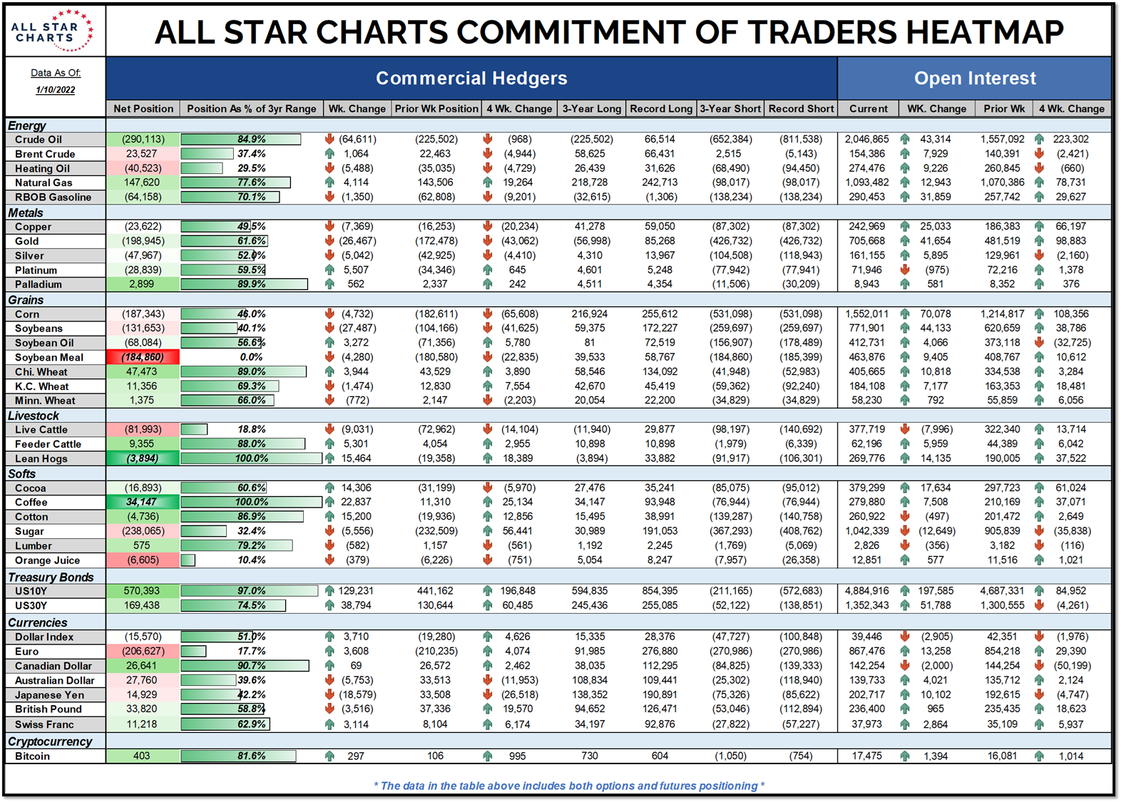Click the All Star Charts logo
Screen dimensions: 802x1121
point(52,30)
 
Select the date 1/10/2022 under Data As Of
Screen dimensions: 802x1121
point(55,90)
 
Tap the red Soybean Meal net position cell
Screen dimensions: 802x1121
point(143,357)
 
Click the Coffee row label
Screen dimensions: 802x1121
point(31,502)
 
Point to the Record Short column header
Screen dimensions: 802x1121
point(801,108)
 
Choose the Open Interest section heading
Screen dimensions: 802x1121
point(975,78)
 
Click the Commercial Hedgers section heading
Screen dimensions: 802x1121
point(471,78)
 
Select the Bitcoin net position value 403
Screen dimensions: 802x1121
point(142,756)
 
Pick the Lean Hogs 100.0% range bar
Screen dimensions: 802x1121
point(251,458)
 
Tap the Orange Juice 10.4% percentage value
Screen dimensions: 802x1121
point(252,560)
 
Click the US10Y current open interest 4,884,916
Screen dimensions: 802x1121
point(866,590)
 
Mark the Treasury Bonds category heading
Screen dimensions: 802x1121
point(51,577)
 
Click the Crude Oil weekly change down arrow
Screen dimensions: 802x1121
point(329,139)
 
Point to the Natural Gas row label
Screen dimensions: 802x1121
point(43,182)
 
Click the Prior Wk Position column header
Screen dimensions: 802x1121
point(436,108)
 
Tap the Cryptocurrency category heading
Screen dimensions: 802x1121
point(50,741)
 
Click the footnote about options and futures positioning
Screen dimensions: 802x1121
point(568,786)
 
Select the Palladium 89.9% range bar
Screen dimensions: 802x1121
point(244,284)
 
